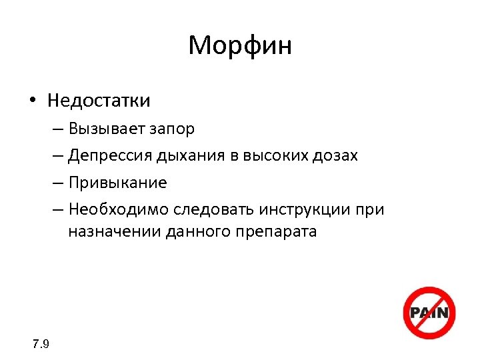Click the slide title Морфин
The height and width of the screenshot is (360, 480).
point(240,46)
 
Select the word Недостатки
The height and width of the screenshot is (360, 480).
point(99,101)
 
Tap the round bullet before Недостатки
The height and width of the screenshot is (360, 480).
point(32,101)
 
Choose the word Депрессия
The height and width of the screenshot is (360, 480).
point(110,156)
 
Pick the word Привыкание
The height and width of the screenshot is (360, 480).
point(117,183)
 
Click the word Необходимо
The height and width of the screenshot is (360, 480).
point(118,210)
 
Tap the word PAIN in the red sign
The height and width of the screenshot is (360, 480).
point(429,312)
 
